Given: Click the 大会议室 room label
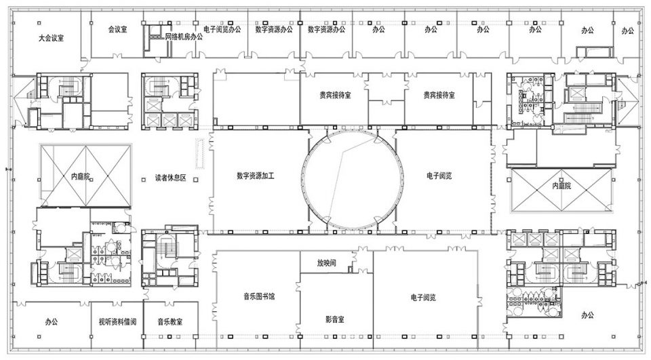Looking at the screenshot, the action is [52, 38].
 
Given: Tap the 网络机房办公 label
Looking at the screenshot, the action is [184, 37].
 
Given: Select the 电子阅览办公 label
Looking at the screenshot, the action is [222, 29].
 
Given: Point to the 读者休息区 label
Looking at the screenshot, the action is [171, 178].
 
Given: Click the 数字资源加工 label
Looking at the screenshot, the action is [256, 176].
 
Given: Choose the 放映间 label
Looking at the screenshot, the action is [327, 263].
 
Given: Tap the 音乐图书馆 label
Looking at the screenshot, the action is [259, 296].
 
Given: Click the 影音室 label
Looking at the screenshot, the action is [334, 319].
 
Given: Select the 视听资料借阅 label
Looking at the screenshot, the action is [117, 322].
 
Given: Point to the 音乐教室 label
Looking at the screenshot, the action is [170, 322].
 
